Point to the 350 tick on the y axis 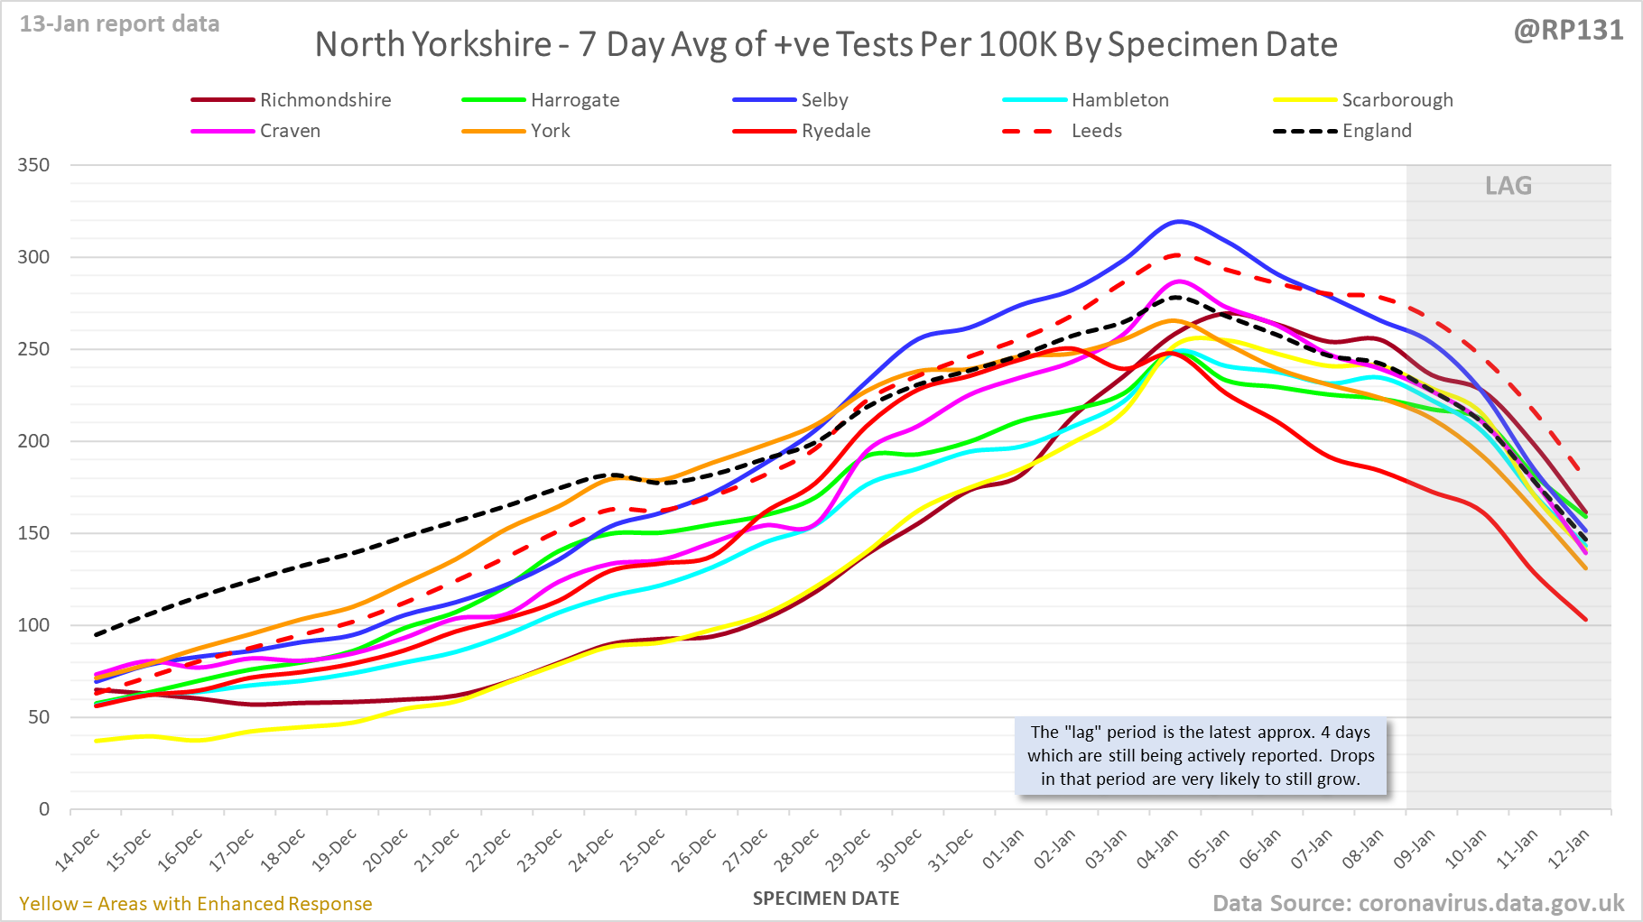click(33, 165)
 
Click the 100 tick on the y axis click(33, 625)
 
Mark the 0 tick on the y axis click(43, 809)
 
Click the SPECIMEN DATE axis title click(826, 899)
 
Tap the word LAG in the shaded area click(1508, 186)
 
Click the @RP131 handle click(1568, 31)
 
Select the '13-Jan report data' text click(120, 24)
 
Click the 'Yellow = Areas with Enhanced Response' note click(196, 904)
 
